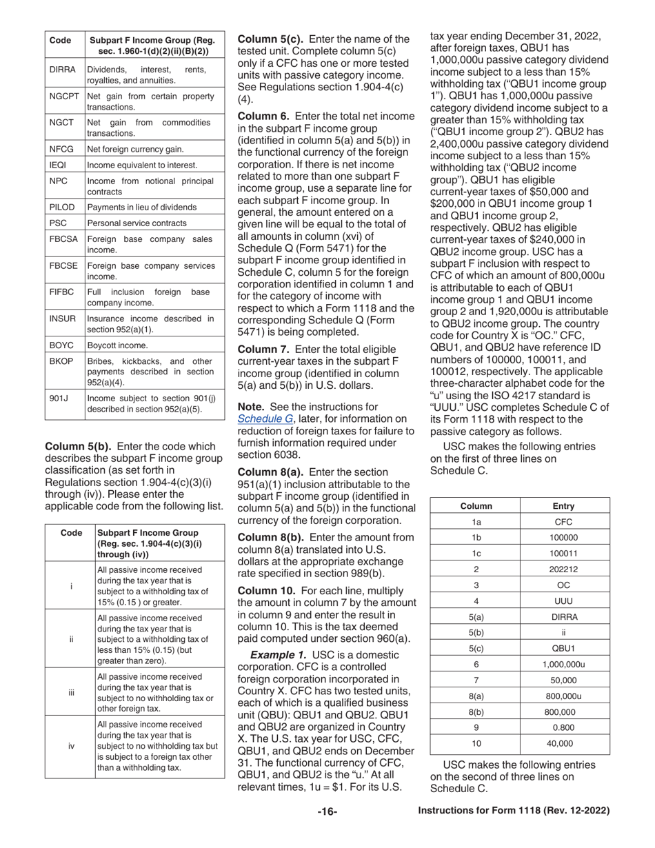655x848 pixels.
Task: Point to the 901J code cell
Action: click(x=58, y=399)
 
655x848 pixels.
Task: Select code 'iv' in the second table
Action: click(x=71, y=746)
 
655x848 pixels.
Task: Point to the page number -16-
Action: click(x=327, y=811)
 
